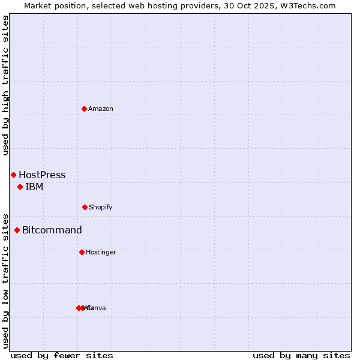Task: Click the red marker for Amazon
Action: point(84,109)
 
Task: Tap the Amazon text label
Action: point(101,109)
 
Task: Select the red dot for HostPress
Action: point(13,175)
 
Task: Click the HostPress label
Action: point(42,175)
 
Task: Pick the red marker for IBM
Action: point(20,187)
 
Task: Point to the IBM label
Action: point(34,187)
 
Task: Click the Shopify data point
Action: point(85,207)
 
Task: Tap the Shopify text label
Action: point(101,207)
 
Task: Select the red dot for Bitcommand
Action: point(17,230)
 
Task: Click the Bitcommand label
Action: point(52,230)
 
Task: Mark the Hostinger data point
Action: point(82,252)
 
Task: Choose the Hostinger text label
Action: point(101,252)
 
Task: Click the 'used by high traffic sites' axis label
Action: point(6,85)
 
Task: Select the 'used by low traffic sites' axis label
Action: point(6,280)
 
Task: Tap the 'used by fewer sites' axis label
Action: point(62,355)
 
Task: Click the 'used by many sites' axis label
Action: point(301,355)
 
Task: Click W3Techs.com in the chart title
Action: point(307,5)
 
